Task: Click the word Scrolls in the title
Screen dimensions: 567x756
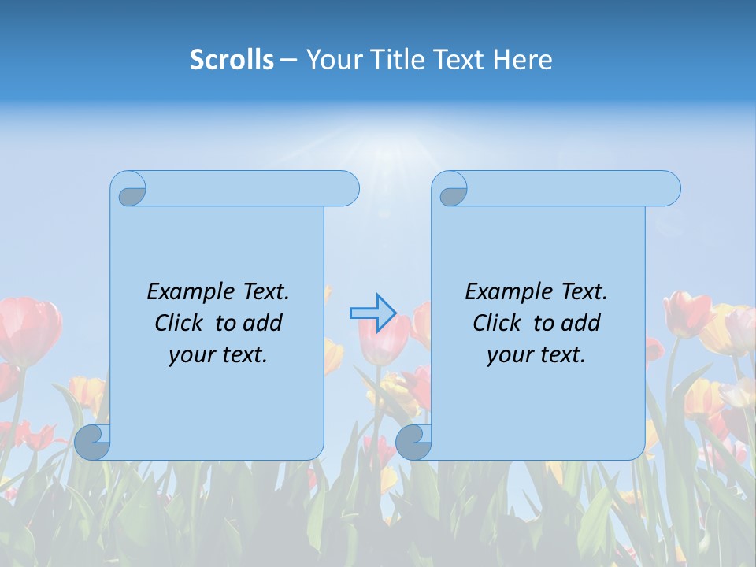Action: click(232, 60)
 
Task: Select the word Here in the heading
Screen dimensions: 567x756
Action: click(522, 60)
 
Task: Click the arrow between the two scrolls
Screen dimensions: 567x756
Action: click(372, 313)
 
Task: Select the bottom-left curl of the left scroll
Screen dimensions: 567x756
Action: click(92, 442)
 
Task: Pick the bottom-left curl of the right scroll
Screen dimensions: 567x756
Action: click(413, 442)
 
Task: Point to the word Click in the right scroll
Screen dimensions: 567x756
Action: click(496, 323)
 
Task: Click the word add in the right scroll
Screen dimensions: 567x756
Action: click(582, 323)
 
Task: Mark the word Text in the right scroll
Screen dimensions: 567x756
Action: click(584, 292)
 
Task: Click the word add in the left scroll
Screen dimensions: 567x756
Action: click(264, 323)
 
